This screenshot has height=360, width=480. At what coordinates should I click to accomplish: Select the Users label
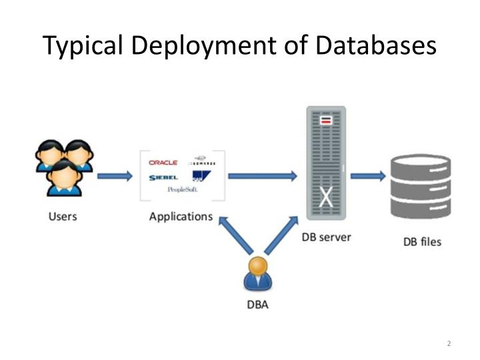click(63, 217)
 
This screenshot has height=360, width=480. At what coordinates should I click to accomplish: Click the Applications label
click(181, 217)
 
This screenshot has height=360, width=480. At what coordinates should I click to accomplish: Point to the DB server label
click(326, 237)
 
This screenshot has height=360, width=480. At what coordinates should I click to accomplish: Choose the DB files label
click(422, 241)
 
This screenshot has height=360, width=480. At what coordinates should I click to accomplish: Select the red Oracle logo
click(163, 163)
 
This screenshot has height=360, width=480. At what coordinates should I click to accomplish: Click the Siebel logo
click(163, 177)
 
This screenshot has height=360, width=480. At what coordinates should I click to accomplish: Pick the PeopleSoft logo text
click(183, 190)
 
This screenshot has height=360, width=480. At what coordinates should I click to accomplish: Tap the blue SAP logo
click(199, 177)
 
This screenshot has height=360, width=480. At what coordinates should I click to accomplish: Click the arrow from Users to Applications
click(115, 177)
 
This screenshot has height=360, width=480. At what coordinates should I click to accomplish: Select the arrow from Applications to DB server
click(262, 176)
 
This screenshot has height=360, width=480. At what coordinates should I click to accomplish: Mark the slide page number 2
click(449, 343)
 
